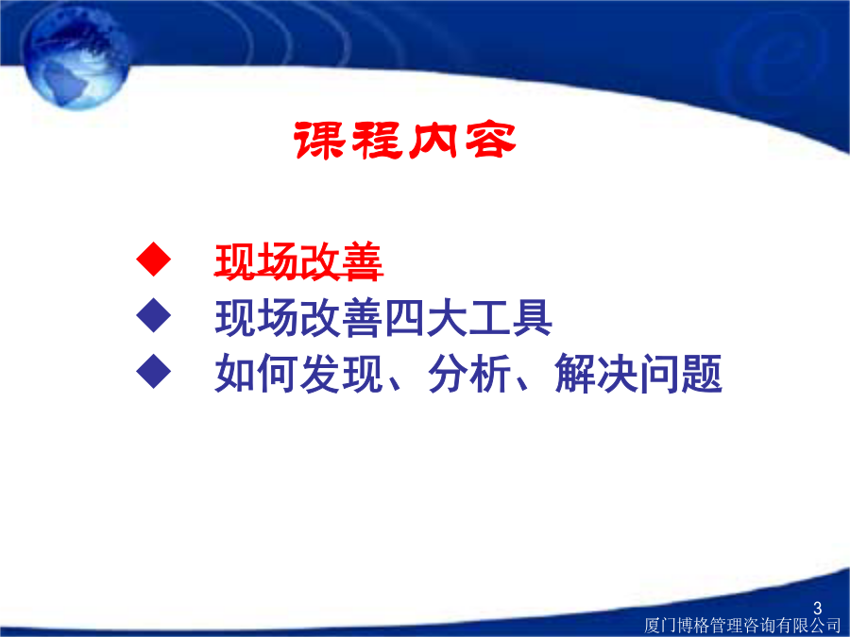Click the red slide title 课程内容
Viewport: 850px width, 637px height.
pos(404,141)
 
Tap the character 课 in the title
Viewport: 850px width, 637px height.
pos(319,141)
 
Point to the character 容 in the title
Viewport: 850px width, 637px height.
pos(490,141)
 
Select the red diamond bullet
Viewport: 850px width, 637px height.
pos(154,259)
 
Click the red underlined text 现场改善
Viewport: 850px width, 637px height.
pos(298,262)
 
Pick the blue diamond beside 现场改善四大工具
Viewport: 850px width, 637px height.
pos(154,315)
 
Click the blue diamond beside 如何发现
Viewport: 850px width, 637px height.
pos(154,371)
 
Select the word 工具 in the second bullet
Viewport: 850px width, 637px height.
pos(510,318)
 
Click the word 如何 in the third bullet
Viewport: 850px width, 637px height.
pos(256,373)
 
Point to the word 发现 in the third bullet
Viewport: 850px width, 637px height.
pos(341,373)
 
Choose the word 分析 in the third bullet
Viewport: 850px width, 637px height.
pos(468,373)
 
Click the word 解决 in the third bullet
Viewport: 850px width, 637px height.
pos(596,373)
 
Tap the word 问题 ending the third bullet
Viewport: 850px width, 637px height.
pos(680,373)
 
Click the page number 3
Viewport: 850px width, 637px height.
pos(818,608)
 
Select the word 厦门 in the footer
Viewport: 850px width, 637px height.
pos(660,625)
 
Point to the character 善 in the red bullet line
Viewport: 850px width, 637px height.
pos(363,262)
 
